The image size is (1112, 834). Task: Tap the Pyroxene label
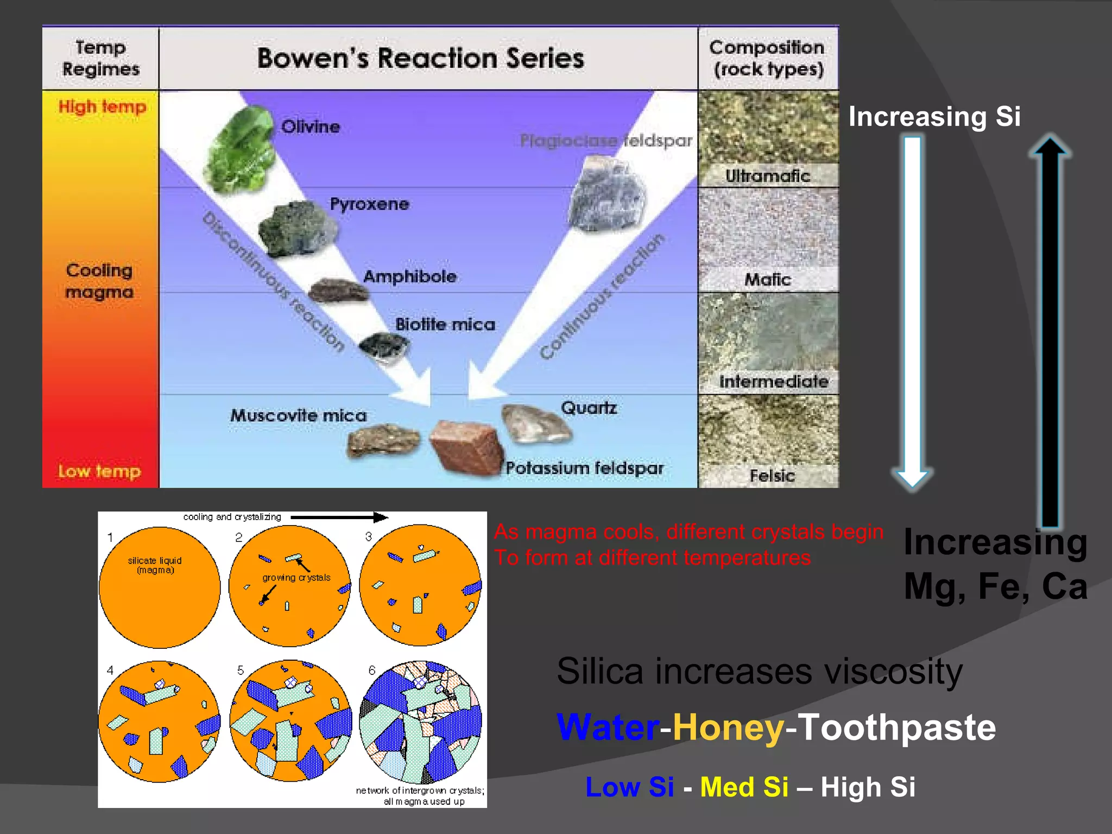tap(369, 204)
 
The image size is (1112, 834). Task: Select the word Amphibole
tap(410, 276)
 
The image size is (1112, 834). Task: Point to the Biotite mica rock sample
tap(383, 345)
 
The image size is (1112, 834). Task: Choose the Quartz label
tap(589, 408)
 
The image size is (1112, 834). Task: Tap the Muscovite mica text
tap(298, 415)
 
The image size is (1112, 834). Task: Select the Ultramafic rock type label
tap(767, 176)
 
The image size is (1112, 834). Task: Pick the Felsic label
tap(772, 476)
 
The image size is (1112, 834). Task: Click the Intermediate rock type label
tap(773, 382)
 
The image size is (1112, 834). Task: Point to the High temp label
tap(102, 106)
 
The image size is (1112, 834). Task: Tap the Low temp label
tap(99, 471)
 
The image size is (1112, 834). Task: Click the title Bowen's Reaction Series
tap(420, 58)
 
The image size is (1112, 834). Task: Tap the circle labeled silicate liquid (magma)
tap(159, 587)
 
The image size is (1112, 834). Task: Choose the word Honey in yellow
tap(728, 728)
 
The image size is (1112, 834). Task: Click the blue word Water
tap(608, 728)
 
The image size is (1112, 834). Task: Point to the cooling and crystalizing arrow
tap(339, 517)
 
